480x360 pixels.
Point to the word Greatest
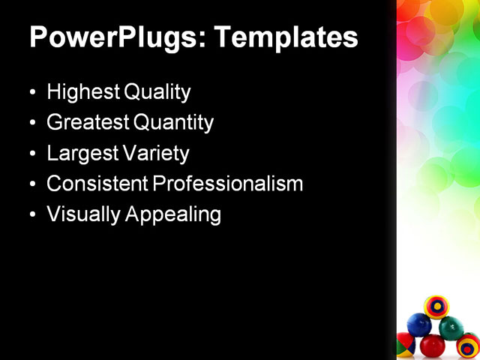point(85,123)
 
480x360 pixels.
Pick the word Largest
point(79,154)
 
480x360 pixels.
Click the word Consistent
point(95,184)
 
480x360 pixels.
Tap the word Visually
point(82,214)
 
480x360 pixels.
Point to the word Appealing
point(173,215)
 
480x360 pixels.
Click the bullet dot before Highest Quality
point(31,94)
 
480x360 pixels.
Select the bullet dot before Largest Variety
point(31,154)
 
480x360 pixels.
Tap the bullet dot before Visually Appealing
point(31,215)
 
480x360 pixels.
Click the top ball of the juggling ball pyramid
point(436,307)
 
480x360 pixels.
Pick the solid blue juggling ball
point(418,325)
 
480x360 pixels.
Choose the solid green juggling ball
point(451,328)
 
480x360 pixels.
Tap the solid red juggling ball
point(432,346)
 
